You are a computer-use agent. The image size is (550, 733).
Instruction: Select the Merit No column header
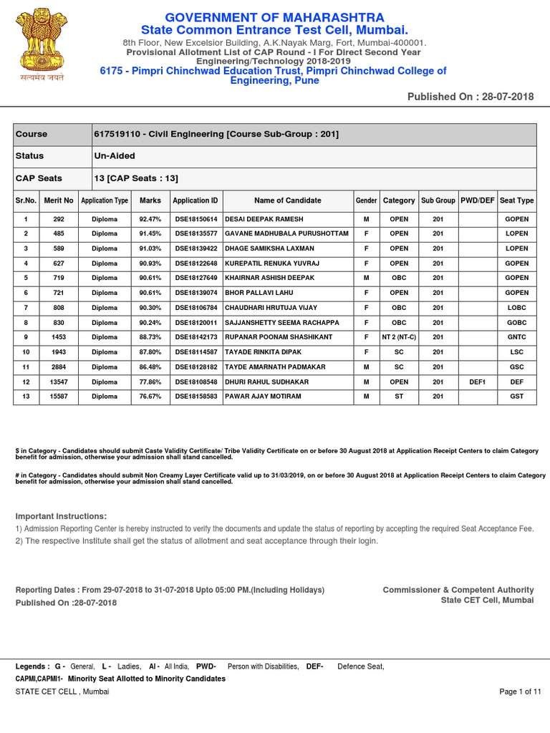click(x=59, y=200)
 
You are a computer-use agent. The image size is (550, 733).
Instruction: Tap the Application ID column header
click(x=196, y=200)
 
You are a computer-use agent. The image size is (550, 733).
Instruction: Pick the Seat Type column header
click(x=516, y=200)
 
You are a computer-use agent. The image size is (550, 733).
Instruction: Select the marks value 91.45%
click(x=150, y=233)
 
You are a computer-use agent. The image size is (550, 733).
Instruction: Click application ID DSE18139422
click(x=196, y=248)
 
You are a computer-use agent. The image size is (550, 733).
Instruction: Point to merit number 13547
click(x=59, y=382)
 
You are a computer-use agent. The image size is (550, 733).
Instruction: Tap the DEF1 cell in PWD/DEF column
click(x=477, y=382)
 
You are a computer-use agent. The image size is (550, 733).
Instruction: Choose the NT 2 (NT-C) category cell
click(x=399, y=337)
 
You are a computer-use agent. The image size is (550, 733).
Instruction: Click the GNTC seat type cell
click(x=516, y=337)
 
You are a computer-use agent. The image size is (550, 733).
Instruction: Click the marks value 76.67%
click(x=150, y=397)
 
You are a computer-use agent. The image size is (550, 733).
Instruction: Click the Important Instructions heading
click(x=61, y=516)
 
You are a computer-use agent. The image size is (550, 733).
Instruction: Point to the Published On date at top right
click(x=471, y=97)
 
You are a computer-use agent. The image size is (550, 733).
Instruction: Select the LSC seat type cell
click(x=516, y=352)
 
